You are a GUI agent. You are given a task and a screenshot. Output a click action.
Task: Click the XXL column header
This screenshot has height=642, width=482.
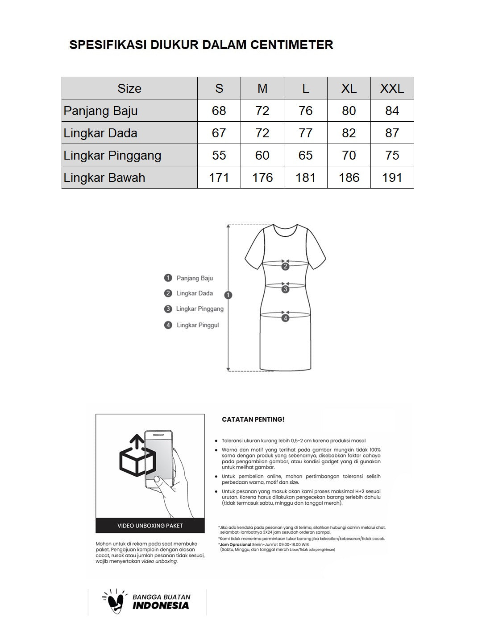click(392, 88)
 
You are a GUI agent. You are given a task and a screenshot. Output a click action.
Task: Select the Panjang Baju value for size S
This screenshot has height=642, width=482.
click(219, 111)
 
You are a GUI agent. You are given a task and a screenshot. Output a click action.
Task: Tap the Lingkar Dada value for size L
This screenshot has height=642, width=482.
click(305, 133)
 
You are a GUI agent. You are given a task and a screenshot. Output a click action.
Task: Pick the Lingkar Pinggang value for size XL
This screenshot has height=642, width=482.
click(349, 155)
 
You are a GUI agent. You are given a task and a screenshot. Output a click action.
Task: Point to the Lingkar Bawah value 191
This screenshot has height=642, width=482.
click(392, 177)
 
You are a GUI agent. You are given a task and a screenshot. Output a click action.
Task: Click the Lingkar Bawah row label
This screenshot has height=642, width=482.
click(104, 177)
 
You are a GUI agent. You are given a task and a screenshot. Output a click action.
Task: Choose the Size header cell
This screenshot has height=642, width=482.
click(129, 88)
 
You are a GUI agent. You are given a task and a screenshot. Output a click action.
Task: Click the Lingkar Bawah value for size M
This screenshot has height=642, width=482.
click(262, 177)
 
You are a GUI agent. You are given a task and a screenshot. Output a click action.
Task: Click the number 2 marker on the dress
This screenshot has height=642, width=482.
click(285, 267)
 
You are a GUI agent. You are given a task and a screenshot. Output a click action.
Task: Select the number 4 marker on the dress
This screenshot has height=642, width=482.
click(285, 318)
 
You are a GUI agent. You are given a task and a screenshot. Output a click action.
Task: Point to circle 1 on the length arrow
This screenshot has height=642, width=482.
click(229, 295)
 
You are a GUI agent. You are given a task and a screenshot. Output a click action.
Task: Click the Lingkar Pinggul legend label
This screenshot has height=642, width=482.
click(198, 325)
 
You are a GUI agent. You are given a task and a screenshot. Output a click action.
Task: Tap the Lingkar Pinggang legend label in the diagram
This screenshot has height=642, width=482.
click(199, 309)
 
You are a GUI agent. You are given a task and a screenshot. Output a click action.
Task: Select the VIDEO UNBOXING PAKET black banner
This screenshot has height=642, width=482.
click(150, 526)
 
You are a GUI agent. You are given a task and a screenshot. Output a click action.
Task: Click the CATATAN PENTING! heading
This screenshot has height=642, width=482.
click(253, 420)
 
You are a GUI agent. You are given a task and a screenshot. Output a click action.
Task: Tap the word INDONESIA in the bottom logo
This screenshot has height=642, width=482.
click(161, 605)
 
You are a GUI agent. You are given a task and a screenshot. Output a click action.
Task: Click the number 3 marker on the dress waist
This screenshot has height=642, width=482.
click(285, 289)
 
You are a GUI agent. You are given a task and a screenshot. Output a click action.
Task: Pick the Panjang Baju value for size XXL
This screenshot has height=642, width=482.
click(392, 111)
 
